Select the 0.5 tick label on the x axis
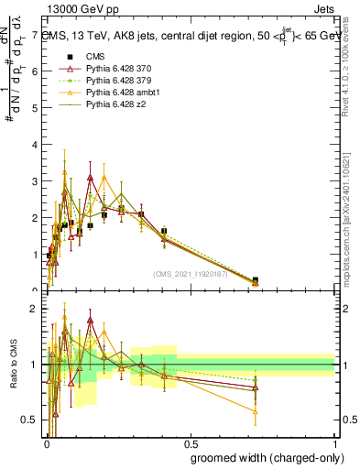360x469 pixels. pos(191,443)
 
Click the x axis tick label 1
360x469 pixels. pos(334,443)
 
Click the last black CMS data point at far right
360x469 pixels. pos(255,280)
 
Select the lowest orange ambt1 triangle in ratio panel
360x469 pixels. pos(255,411)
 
